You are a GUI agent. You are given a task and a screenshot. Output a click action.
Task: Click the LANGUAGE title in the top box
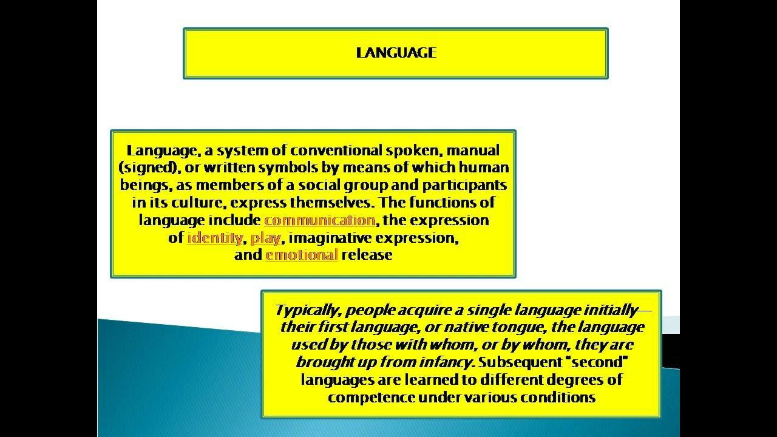[396, 53]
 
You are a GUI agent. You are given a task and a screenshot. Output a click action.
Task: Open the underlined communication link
[319, 220]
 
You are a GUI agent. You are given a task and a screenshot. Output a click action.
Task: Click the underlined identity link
[215, 237]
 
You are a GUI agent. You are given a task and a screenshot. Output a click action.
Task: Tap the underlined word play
[265, 237]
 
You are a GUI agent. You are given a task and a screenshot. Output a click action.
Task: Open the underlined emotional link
[301, 255]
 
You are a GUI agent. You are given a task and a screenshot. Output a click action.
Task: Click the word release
[367, 255]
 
